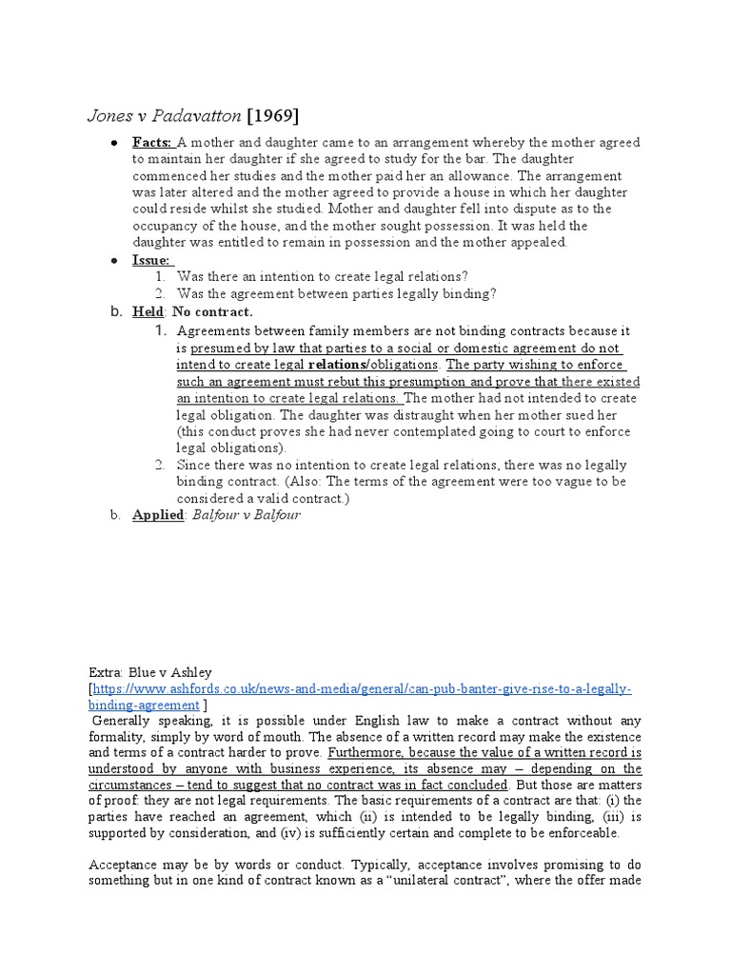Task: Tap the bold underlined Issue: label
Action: [151, 260]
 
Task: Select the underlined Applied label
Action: [157, 515]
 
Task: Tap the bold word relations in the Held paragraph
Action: [335, 364]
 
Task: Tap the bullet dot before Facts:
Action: [114, 143]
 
